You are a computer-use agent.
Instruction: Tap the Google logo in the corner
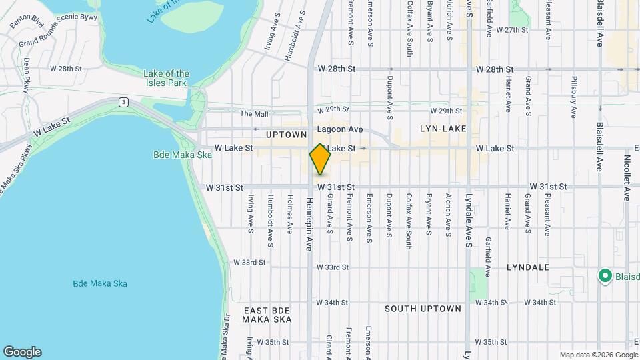tap(22, 352)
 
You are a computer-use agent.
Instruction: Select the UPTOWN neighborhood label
tap(286, 135)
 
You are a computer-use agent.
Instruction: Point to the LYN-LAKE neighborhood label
tap(443, 128)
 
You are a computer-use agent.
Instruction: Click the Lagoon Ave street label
tap(340, 129)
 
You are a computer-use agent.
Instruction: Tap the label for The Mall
tap(254, 114)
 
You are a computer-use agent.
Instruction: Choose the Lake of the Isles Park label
tap(167, 78)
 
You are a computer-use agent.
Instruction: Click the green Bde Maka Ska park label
tap(181, 155)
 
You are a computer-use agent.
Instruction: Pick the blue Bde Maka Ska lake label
tap(100, 283)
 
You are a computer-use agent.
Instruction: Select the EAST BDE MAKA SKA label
tap(267, 315)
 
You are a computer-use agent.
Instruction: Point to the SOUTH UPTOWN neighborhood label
tap(423, 309)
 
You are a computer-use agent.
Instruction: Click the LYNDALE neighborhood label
tap(527, 267)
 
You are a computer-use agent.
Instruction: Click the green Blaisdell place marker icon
tap(605, 275)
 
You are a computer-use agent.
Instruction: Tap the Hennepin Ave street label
tap(309, 223)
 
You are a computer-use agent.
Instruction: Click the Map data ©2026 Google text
tap(598, 355)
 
